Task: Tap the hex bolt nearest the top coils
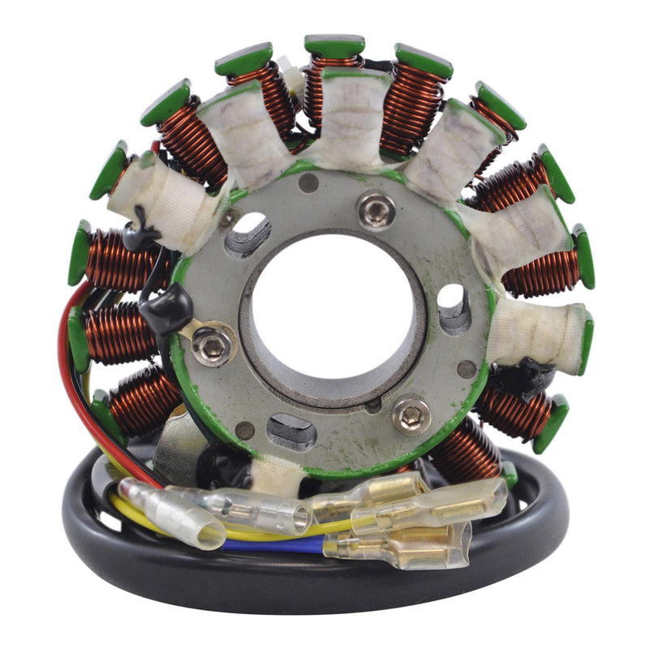tap(376, 212)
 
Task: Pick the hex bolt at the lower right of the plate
tap(411, 415)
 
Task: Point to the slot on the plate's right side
tap(453, 308)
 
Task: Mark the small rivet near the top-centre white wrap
tap(308, 183)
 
